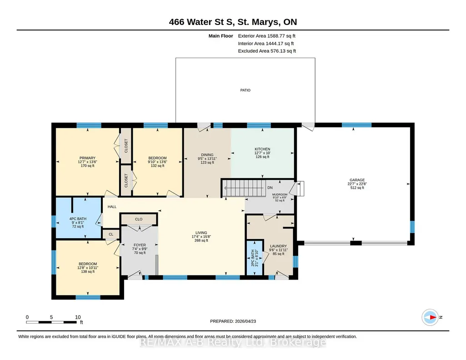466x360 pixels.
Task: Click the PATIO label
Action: pos(245,90)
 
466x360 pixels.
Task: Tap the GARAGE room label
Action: pos(357,180)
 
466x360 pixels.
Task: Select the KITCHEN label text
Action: pos(262,149)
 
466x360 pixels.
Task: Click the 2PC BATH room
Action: pos(255,258)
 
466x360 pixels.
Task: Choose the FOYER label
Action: pos(140,245)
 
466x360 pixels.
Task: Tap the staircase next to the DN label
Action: pos(244,188)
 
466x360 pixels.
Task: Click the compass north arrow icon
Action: pos(430,317)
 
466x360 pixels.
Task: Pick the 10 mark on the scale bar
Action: pos(78,317)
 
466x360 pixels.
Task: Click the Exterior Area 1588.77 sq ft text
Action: pos(266,36)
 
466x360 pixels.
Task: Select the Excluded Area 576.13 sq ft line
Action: pos(267,51)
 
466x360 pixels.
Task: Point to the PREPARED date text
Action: pos(233,321)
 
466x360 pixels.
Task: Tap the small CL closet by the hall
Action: pos(111,234)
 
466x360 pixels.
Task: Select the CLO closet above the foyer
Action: pos(139,219)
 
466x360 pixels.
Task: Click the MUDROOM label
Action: pos(280,195)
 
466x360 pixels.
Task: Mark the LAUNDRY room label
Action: pos(279,246)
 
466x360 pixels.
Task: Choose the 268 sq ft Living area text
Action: pos(201,240)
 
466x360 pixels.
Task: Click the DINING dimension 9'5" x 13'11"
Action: pos(207,159)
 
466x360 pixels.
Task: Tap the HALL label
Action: pos(112,207)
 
